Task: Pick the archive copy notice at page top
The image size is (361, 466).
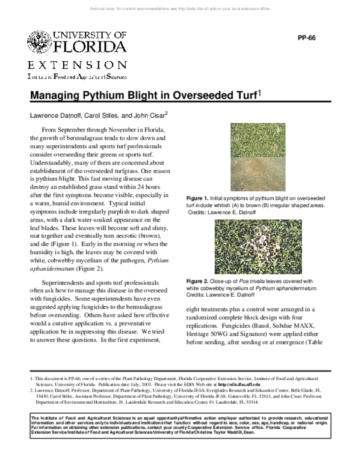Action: (x=180, y=9)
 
